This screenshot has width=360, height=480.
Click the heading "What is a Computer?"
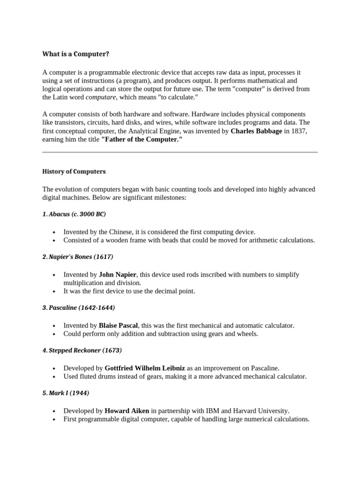tap(75, 54)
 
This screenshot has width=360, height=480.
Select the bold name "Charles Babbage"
tap(256, 131)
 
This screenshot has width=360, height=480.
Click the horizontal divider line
tap(180, 152)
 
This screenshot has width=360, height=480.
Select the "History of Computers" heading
tap(74, 172)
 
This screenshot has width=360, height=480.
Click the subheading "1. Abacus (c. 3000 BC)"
tap(74, 214)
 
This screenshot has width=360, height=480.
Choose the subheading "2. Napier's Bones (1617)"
tap(77, 257)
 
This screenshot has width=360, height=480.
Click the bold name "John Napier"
tap(118, 274)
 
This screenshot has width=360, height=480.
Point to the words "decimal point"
tap(175, 291)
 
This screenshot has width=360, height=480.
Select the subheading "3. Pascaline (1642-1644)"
tap(78, 308)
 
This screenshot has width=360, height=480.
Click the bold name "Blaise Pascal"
tap(119, 325)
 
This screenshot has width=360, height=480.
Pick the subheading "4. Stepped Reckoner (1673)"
tap(82, 350)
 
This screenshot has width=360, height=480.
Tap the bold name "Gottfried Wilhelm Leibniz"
tap(145, 367)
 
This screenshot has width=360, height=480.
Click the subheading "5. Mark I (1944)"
tap(66, 393)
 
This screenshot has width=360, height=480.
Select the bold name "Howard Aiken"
tap(127, 411)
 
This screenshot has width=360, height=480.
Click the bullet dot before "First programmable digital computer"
tap(54, 420)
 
